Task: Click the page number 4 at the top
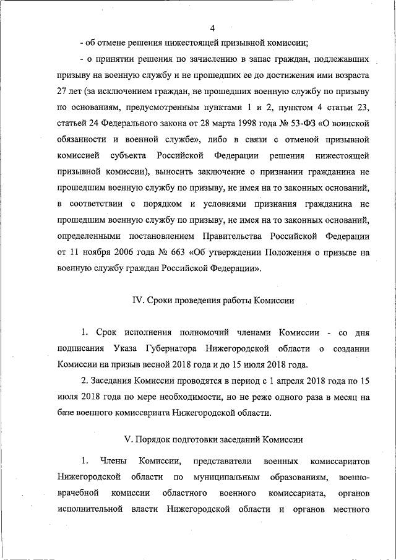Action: tap(212, 28)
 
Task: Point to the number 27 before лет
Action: tap(62, 92)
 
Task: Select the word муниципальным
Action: tap(222, 478)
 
